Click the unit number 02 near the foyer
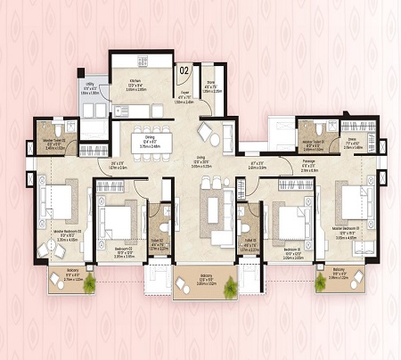[184, 68]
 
